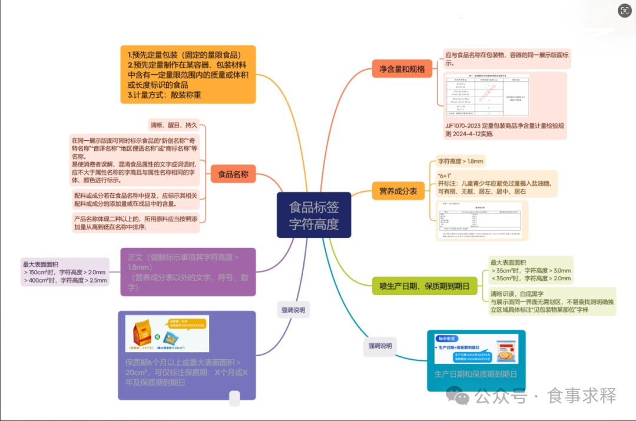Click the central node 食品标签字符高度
click(314, 216)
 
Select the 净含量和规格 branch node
click(401, 69)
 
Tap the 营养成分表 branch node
click(398, 191)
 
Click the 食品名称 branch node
click(233, 174)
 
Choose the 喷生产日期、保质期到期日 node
click(424, 287)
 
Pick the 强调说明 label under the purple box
click(293, 310)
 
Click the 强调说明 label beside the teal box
click(380, 346)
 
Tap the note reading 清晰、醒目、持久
click(174, 125)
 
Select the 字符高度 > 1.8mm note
click(461, 161)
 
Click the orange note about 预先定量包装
click(188, 74)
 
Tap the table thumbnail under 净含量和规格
click(487, 96)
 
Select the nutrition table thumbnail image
click(481, 220)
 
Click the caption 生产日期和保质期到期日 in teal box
click(476, 374)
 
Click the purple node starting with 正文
click(188, 272)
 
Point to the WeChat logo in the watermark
click(458, 396)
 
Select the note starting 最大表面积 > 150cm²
click(65, 272)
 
